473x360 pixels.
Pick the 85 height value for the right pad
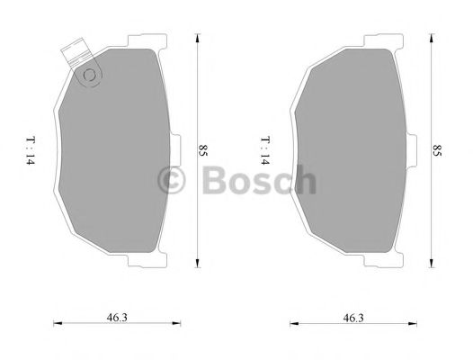(x=437, y=150)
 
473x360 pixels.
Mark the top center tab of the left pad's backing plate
(x=146, y=40)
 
